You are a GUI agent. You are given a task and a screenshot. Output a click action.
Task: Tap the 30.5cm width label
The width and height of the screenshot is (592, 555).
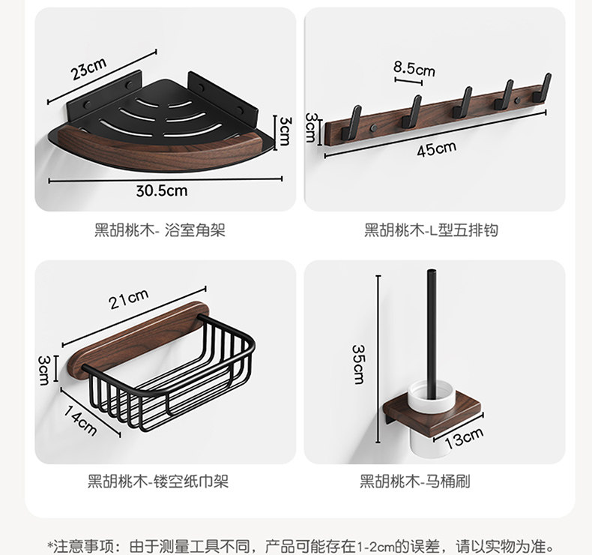click(161, 190)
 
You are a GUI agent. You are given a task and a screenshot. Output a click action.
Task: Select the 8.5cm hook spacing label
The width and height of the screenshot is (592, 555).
click(414, 69)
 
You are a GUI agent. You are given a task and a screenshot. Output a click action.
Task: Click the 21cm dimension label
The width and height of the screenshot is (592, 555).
click(128, 299)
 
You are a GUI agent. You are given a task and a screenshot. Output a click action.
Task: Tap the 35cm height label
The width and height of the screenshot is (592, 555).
click(359, 364)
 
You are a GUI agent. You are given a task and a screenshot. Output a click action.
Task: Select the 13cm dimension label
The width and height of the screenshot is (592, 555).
click(464, 436)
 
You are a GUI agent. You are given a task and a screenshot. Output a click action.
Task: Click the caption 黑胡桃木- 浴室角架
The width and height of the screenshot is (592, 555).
click(160, 230)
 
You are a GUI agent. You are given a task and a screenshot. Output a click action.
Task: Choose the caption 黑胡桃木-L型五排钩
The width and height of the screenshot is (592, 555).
click(431, 230)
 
